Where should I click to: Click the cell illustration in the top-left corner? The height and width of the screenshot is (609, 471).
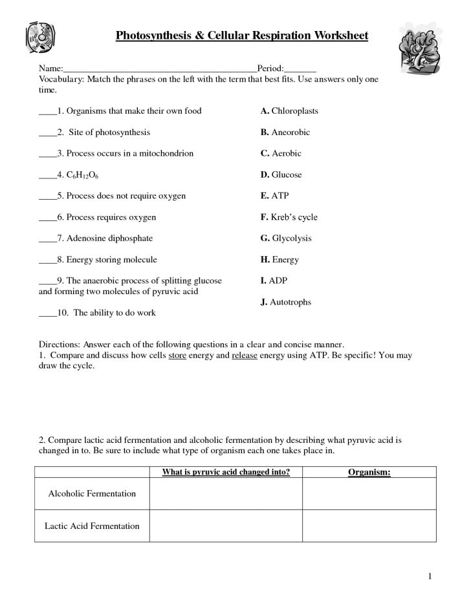tap(40, 39)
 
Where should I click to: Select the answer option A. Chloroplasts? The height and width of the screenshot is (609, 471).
tap(289, 111)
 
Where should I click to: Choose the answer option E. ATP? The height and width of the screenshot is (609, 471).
tap(274, 196)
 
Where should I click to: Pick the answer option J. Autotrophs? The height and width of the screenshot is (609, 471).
tap(286, 303)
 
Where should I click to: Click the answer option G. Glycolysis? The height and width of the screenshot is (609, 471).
tap(286, 239)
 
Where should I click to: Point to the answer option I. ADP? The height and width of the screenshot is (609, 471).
tap(274, 281)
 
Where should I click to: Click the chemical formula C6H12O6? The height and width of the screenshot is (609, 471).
tap(87, 175)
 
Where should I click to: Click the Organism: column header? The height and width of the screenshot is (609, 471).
tap(369, 473)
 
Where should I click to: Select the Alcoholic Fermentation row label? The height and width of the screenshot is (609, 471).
tap(93, 494)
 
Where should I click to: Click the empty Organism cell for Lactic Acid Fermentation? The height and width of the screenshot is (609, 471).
tap(369, 526)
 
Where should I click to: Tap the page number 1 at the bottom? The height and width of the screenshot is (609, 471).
tap(430, 576)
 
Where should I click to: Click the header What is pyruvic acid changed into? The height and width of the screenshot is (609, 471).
tap(225, 473)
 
